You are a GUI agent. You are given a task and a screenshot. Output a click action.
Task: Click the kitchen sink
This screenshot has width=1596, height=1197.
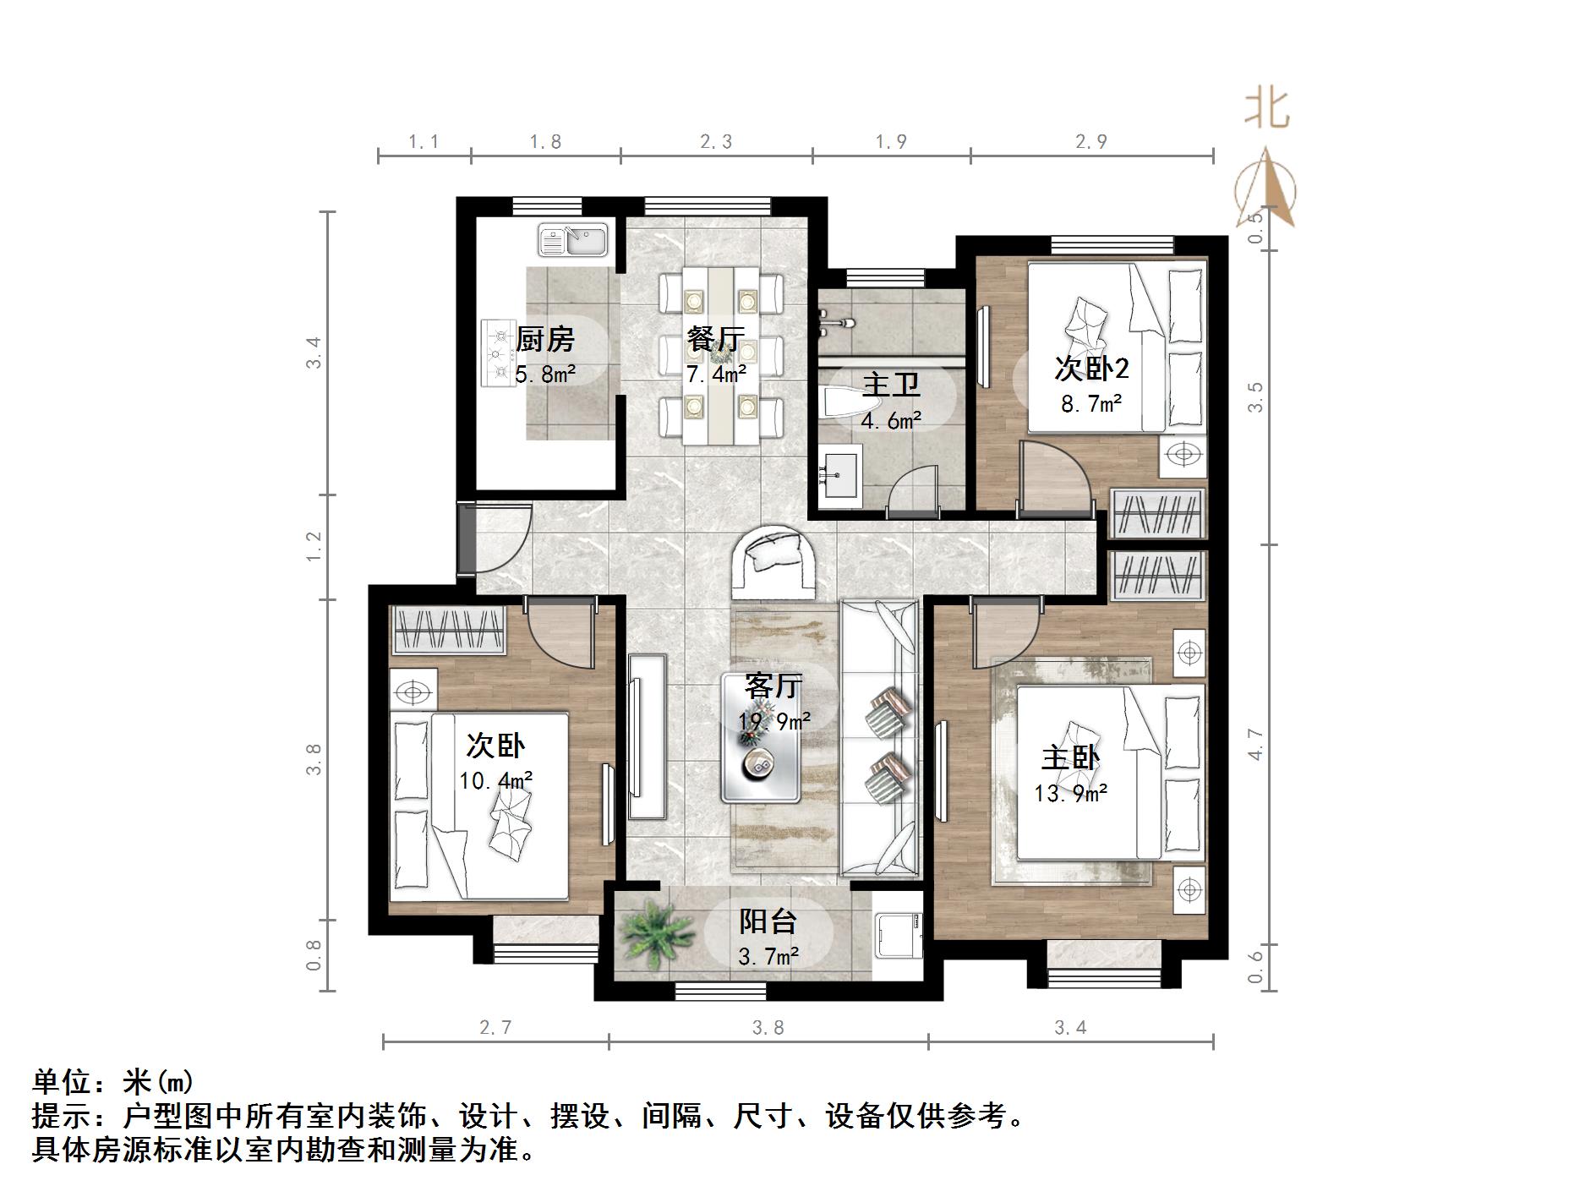point(573,240)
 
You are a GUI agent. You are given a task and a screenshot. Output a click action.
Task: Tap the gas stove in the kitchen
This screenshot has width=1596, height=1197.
point(498,353)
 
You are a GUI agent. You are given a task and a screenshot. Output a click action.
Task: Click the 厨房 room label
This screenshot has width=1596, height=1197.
point(545,340)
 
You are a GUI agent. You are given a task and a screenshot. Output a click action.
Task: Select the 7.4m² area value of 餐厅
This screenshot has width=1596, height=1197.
point(716,374)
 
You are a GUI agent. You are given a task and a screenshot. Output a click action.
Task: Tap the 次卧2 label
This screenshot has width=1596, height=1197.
point(1091,369)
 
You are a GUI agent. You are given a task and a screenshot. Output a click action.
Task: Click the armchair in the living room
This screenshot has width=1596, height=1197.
point(773,561)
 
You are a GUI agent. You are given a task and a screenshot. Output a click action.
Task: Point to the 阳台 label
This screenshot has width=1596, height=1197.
point(768,921)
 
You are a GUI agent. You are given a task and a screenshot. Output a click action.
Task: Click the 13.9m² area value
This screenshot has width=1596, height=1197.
point(1070,794)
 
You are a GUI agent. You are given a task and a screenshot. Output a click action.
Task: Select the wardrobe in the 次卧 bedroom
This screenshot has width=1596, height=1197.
point(449,631)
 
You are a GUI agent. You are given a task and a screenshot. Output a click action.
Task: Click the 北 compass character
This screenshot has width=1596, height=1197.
point(1265,110)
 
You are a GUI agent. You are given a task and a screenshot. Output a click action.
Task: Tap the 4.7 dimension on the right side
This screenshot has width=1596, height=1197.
point(1255,745)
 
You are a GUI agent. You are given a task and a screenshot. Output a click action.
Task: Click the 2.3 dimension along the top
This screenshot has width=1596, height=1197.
point(716,142)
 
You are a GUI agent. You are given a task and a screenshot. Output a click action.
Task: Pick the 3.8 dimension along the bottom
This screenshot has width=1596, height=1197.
point(768,1028)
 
